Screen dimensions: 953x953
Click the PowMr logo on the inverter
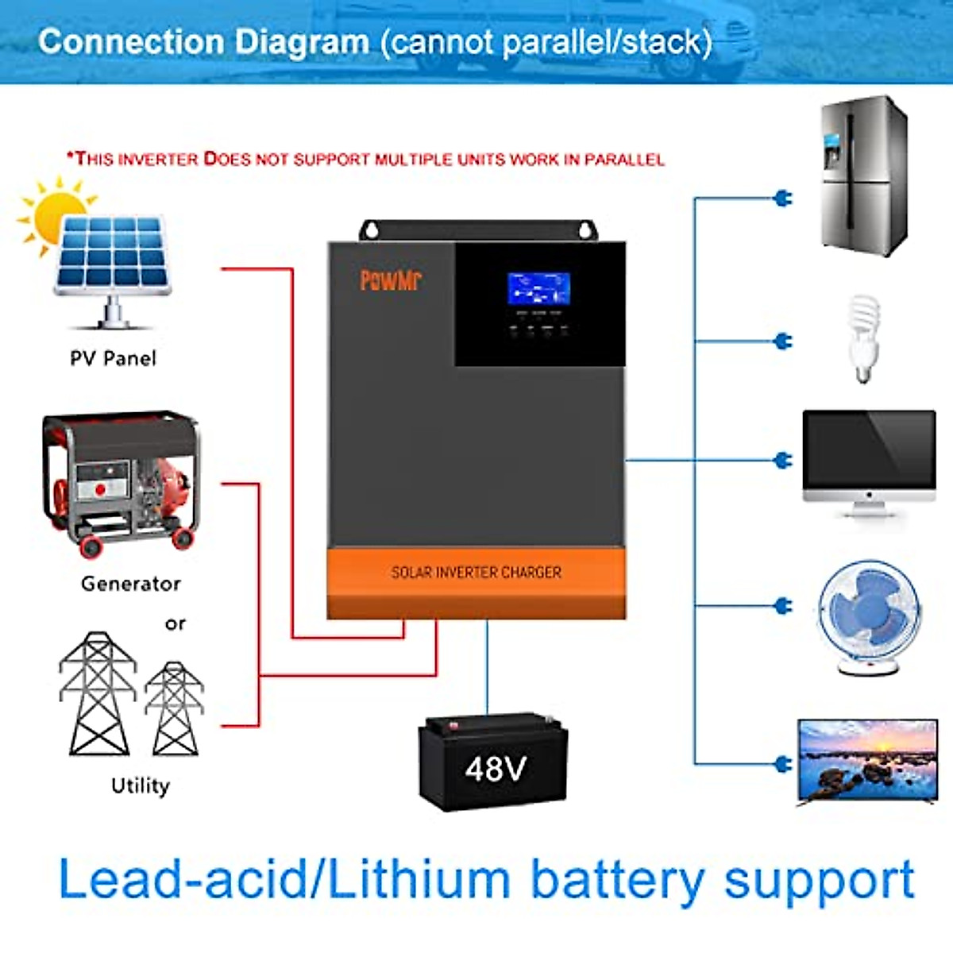pyautogui.click(x=391, y=280)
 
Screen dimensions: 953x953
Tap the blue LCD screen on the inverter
pyautogui.click(x=538, y=289)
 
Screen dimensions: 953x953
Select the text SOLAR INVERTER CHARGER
pyautogui.click(x=476, y=573)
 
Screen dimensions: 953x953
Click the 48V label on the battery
pyautogui.click(x=496, y=769)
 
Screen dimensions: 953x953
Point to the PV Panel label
pyautogui.click(x=113, y=359)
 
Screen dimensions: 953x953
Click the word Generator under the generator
pyautogui.click(x=131, y=584)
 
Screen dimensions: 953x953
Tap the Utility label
pyautogui.click(x=141, y=785)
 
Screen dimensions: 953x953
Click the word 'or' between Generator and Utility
pyautogui.click(x=176, y=624)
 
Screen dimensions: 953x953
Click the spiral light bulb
pyautogui.click(x=863, y=338)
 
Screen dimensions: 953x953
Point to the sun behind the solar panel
pyautogui.click(x=52, y=213)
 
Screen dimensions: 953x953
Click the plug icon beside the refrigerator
pyautogui.click(x=782, y=198)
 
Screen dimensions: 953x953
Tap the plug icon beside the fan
pyautogui.click(x=782, y=606)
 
